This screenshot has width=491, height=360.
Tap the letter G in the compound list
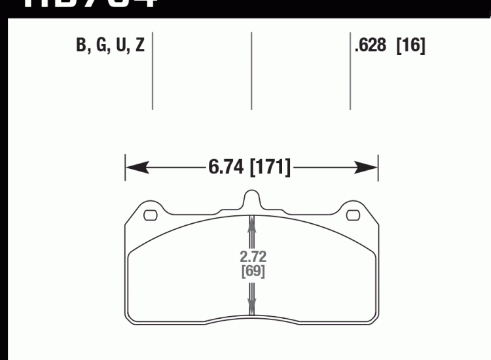100,46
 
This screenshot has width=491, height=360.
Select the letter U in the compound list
120,46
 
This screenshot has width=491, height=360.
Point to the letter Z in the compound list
139,46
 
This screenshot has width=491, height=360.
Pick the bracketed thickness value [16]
411,46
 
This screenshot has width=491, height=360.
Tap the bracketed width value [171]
269,168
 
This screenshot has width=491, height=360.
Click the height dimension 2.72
252,256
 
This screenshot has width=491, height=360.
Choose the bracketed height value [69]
252,270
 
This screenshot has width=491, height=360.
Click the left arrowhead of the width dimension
134,168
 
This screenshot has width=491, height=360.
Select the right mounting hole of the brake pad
353,214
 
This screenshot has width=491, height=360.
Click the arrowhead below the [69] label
252,302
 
